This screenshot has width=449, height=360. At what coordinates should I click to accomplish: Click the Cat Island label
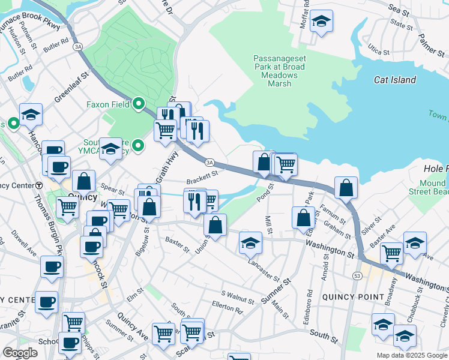tap(394, 80)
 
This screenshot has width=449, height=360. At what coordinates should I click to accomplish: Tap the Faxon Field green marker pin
tap(139, 104)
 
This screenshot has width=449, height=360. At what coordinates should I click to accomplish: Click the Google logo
tap(20, 353)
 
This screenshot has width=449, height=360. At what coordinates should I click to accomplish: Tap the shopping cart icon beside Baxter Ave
tap(391, 253)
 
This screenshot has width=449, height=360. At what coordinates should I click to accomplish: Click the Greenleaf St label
tap(71, 85)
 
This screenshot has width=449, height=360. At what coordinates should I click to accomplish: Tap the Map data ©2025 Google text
tap(412, 355)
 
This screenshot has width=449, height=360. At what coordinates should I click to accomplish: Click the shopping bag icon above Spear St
tap(83, 182)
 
